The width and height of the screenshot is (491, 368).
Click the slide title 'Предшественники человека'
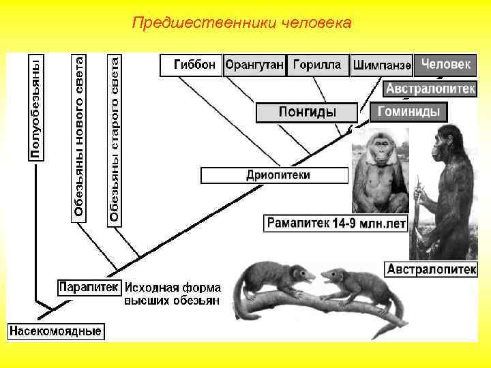coord(242,24)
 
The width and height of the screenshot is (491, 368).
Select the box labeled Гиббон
coord(191,65)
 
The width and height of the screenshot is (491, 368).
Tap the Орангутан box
coord(254,65)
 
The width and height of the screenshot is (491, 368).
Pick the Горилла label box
coord(317,65)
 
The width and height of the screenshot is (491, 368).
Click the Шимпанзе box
coord(381,66)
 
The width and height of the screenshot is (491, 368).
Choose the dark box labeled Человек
coord(445,65)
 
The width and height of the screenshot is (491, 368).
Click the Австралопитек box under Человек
coord(430,89)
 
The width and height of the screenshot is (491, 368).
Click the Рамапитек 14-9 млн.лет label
coord(333,223)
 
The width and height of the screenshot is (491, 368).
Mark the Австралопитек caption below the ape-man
coord(431,270)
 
